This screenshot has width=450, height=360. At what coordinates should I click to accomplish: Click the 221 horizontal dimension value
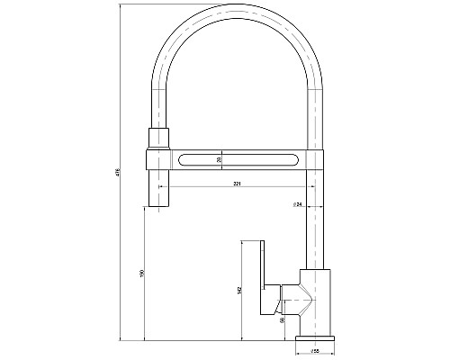(x=237, y=183)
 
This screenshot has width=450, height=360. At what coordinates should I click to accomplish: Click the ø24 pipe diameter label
(x=297, y=204)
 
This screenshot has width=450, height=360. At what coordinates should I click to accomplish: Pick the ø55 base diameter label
(x=315, y=350)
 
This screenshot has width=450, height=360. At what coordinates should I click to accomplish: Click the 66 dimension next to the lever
(x=283, y=319)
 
